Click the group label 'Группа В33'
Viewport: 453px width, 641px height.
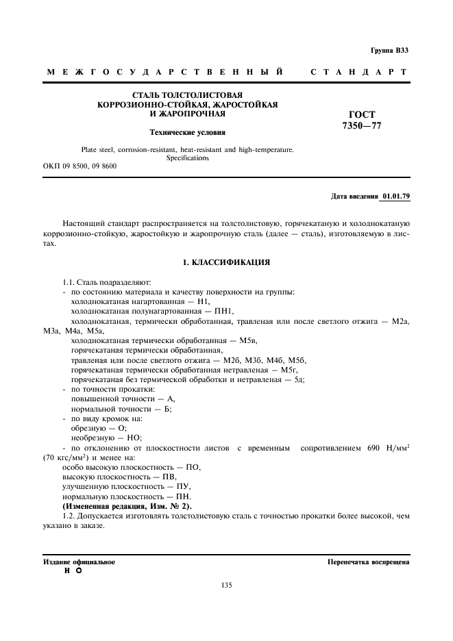point(389,51)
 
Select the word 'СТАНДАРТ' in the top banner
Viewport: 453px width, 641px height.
point(359,72)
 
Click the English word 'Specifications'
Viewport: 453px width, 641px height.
point(187,158)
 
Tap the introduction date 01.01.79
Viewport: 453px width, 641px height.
point(396,197)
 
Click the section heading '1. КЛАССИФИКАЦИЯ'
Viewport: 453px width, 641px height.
point(226,262)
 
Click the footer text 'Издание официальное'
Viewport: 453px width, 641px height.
point(79,562)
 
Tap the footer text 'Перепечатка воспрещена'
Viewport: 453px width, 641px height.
point(369,562)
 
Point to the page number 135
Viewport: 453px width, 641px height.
point(226,585)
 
